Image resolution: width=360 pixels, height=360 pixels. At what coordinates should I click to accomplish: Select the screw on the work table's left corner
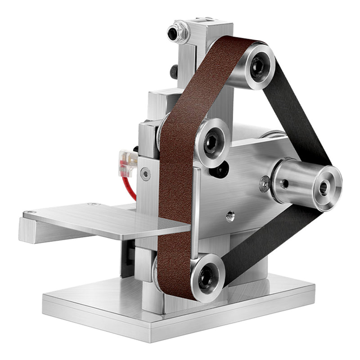click(30, 212)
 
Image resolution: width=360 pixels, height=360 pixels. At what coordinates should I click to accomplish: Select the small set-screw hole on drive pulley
click(284, 183)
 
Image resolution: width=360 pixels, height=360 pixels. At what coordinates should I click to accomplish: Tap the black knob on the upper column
click(173, 72)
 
